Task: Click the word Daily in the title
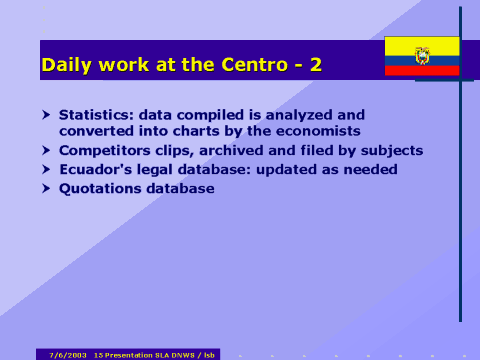pos(65,66)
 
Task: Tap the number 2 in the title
pos(316,66)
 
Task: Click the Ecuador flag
pos(422,56)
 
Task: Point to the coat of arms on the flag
pos(422,55)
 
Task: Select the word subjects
pos(389,150)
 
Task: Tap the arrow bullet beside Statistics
pos(45,114)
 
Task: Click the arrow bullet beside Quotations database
pos(45,188)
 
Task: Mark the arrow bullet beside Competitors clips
pos(45,150)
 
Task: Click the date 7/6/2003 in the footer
pos(68,354)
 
